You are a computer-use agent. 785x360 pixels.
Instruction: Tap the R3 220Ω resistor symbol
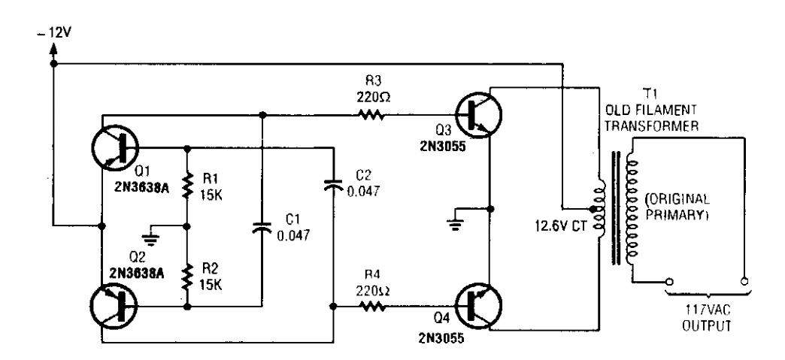click(371, 116)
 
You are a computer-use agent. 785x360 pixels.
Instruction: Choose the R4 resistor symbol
click(371, 306)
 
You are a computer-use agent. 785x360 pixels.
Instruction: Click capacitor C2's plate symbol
click(333, 183)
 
